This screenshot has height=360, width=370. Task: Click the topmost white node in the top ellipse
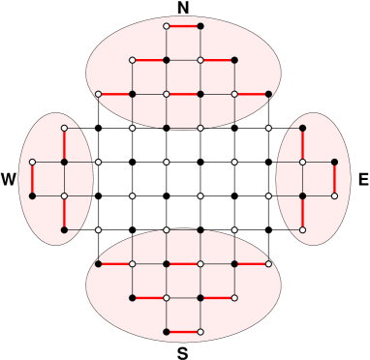click(167, 26)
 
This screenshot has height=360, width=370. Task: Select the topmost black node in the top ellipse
click(200, 26)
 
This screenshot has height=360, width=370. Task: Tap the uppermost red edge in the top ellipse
click(183, 26)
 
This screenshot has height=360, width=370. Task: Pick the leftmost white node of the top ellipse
click(98, 94)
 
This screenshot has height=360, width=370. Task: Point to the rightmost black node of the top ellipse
click(268, 94)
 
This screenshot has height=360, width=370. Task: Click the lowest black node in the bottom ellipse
click(167, 332)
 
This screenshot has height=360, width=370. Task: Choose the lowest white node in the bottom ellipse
click(200, 332)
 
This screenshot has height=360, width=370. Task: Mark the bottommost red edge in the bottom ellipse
click(183, 332)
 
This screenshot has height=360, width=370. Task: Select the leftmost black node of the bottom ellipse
click(98, 263)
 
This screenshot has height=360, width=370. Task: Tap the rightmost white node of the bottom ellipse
click(268, 263)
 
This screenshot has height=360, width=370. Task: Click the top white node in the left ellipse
click(64, 128)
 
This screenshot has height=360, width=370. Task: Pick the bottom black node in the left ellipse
click(64, 229)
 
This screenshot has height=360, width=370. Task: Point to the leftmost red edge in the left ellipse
click(32, 179)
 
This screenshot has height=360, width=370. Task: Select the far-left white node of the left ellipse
click(32, 162)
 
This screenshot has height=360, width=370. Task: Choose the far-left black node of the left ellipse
click(32, 195)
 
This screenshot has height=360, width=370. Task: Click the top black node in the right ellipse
click(302, 128)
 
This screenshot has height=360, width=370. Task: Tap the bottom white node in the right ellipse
click(302, 229)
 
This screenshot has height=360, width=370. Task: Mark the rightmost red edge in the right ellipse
click(334, 179)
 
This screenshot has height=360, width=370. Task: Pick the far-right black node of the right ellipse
click(334, 162)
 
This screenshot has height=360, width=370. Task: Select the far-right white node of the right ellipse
click(334, 195)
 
